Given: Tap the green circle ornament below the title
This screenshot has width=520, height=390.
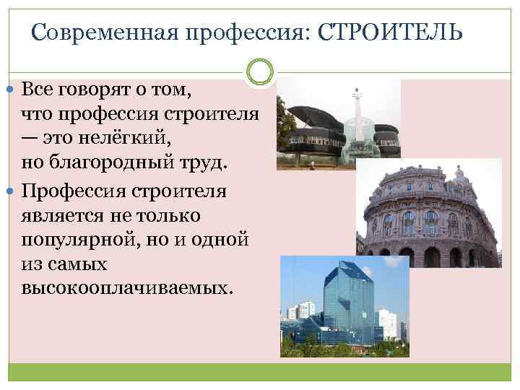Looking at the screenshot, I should (x=260, y=71).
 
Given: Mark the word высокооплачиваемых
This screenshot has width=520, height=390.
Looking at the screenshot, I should (x=128, y=287).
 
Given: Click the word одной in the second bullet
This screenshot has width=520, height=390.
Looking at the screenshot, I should (x=222, y=239).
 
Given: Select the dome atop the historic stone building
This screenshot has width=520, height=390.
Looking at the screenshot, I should (x=459, y=176).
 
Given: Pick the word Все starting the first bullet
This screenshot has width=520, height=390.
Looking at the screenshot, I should (x=36, y=90).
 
